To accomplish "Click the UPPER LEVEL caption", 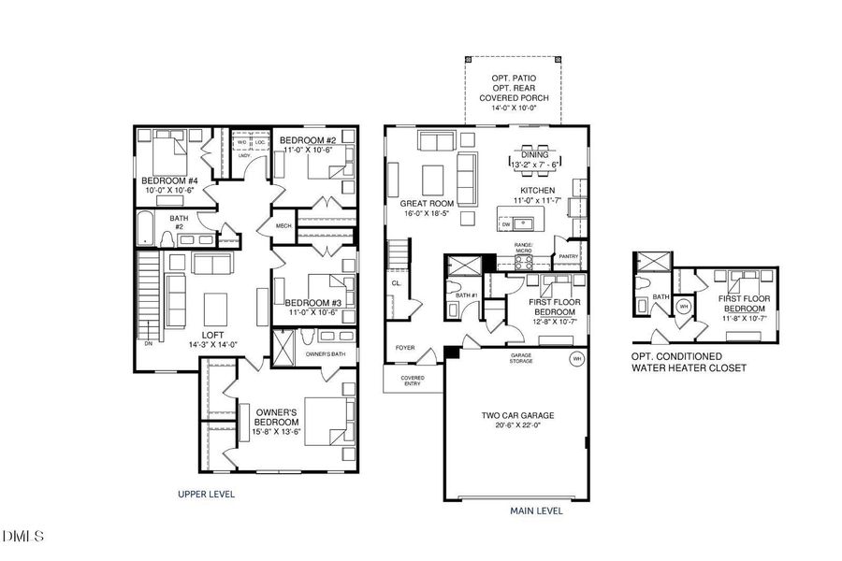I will [x=207, y=494].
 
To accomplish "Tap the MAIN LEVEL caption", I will [x=536, y=511].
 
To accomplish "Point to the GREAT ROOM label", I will [x=427, y=203].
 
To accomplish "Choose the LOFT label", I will [x=214, y=334].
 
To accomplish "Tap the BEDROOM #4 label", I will [x=169, y=180].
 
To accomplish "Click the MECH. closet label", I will [x=283, y=225].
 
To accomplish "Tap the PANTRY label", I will [x=568, y=256].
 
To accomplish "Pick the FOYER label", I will [x=405, y=348].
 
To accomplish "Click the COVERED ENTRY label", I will [x=413, y=381].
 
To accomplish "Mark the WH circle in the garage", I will [x=577, y=357].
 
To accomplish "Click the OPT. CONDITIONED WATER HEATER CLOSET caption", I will [x=689, y=363].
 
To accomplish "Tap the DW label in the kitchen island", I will [x=506, y=224].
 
